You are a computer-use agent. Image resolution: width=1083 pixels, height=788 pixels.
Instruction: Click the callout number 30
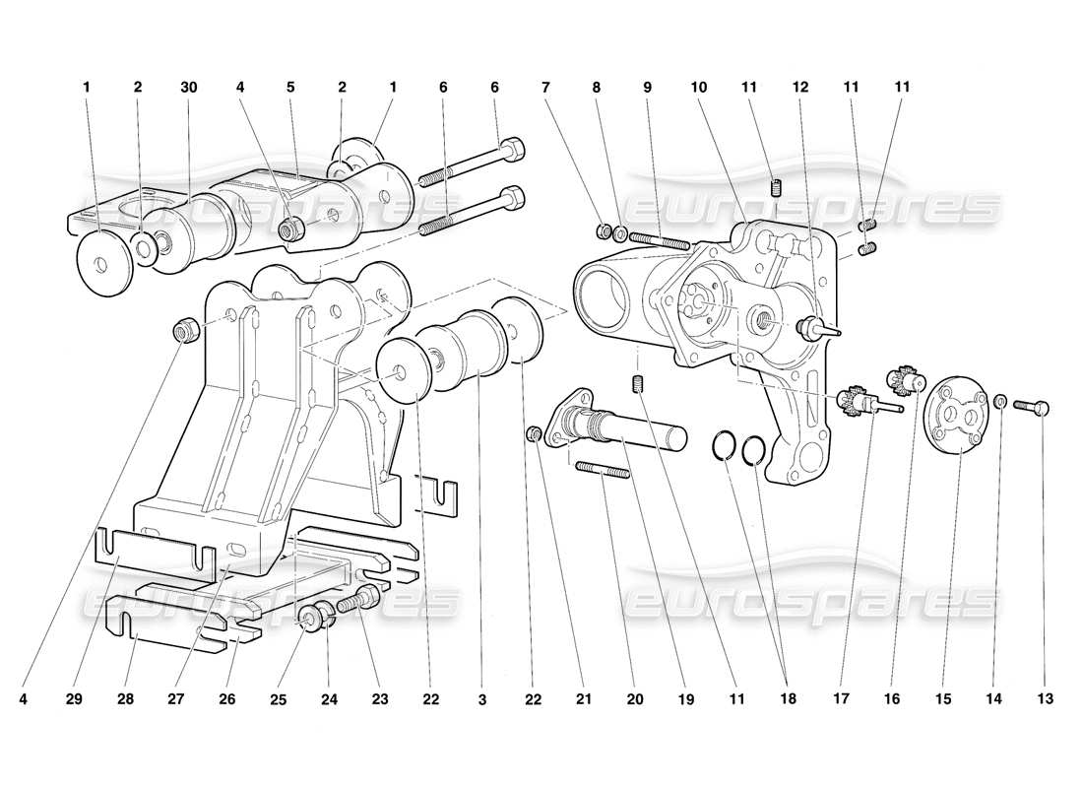pos(188,87)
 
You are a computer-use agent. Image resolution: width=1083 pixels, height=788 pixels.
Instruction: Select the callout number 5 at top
pos(290,87)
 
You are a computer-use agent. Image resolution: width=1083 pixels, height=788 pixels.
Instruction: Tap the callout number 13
pos(1045,699)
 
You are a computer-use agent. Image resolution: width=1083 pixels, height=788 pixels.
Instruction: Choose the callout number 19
pos(685,699)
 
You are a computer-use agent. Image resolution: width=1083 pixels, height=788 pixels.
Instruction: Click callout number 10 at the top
pos(699,87)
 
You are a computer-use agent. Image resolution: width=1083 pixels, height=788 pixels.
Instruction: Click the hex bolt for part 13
pos(1032,404)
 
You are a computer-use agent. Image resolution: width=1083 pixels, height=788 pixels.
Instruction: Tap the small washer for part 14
pos(999,401)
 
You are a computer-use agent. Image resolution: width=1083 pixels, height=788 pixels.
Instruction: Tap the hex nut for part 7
pos(605,231)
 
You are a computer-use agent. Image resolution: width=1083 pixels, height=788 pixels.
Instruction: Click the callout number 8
pos(597,87)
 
